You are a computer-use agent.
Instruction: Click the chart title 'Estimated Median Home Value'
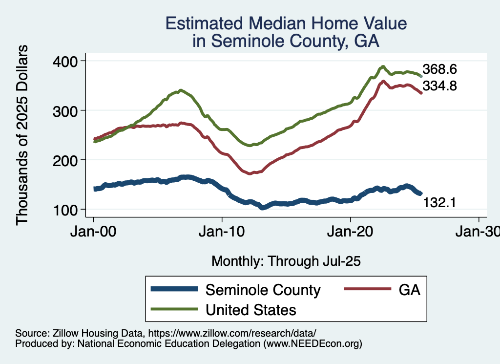(286, 23)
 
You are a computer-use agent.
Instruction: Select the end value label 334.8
(439, 86)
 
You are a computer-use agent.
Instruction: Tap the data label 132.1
(439, 202)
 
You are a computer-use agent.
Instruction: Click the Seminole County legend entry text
(263, 290)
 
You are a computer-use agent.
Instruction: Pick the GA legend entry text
(410, 290)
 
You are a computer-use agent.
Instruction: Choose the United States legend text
(251, 309)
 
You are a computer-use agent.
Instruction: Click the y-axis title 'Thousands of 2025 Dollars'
(22, 135)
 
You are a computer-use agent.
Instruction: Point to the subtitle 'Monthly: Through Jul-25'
(286, 261)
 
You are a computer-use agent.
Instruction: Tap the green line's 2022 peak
(383, 67)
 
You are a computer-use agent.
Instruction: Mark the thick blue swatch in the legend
(174, 290)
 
